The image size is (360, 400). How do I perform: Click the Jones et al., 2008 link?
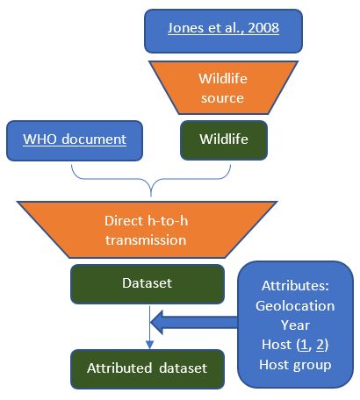point(223,28)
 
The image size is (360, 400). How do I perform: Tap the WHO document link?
point(75,139)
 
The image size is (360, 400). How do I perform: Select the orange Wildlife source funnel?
point(223,88)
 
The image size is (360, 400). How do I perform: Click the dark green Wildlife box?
point(224,140)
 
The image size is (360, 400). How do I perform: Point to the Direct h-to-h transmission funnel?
point(147,230)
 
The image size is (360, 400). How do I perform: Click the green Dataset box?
point(148,284)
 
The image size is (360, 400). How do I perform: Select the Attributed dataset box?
point(148,369)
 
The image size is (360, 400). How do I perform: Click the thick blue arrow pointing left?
point(194,322)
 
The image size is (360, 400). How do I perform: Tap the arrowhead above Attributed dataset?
point(149,345)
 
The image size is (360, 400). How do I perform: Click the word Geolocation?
point(295,306)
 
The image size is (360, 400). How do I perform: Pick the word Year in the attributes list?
point(295,325)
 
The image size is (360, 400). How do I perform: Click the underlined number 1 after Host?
point(305,345)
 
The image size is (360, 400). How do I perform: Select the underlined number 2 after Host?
point(320,345)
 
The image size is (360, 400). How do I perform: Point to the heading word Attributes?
point(295,286)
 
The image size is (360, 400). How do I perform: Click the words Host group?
point(295,365)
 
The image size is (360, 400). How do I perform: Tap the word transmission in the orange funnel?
point(146,240)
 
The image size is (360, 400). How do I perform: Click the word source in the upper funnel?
point(222,98)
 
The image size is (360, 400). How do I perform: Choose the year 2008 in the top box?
point(263,28)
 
